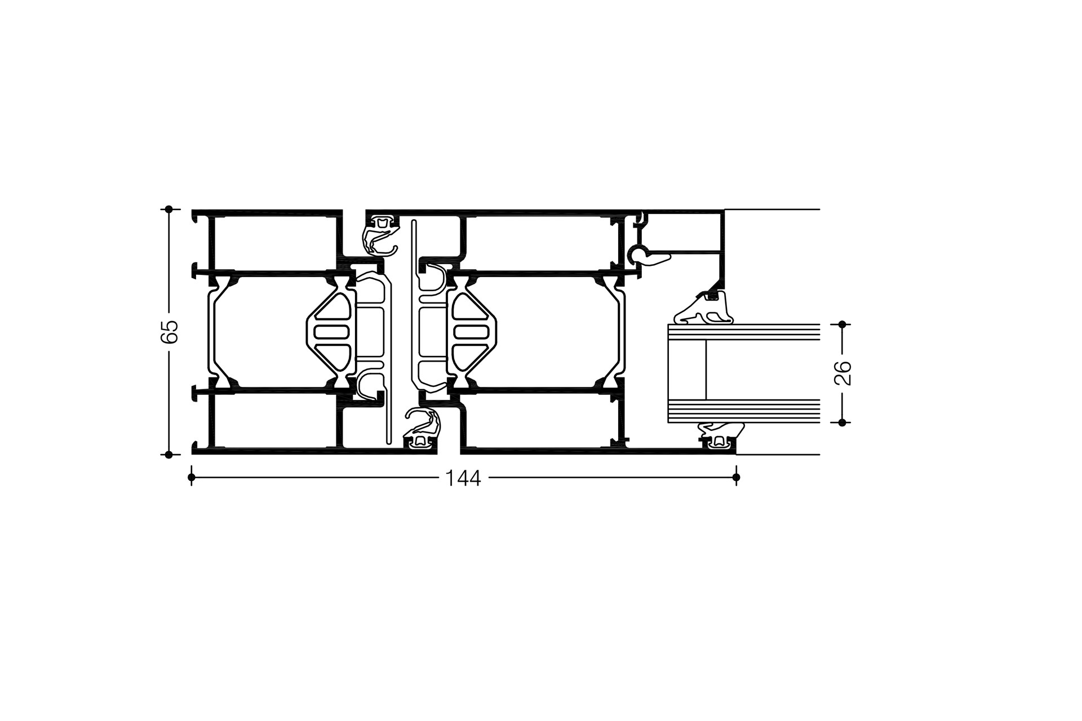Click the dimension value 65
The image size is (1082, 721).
[169, 331]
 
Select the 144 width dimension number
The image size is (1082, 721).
[463, 478]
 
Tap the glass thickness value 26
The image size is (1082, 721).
[842, 373]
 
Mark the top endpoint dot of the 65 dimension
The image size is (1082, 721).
[168, 209]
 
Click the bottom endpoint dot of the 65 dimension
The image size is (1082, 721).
[168, 455]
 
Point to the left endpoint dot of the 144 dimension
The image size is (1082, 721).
[192, 478]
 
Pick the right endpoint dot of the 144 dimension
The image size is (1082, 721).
[736, 478]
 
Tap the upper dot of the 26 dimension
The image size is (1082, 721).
[842, 324]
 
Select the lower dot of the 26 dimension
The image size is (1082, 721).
[842, 422]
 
